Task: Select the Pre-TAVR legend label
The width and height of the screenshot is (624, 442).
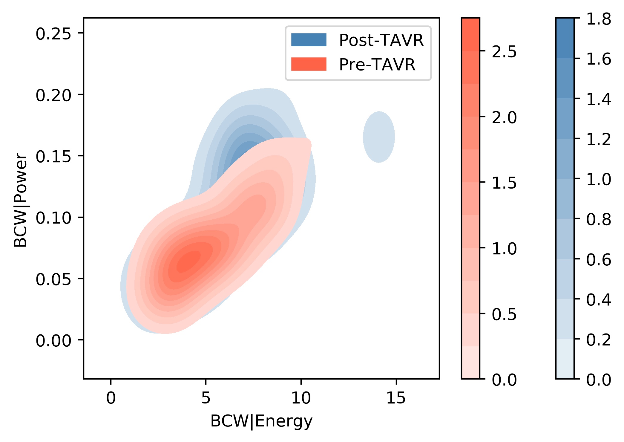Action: coord(377,65)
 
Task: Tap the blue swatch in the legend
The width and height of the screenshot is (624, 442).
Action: coord(309,40)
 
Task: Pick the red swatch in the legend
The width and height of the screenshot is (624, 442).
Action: coord(309,64)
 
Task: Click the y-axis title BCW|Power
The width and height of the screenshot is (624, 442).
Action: coord(21,200)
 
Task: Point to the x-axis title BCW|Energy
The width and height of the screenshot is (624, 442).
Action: coord(261,422)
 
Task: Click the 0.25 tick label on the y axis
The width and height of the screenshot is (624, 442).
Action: coord(53,34)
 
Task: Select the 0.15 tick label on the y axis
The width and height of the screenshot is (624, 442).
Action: coord(53,156)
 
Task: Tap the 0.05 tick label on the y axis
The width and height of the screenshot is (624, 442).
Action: coord(53,279)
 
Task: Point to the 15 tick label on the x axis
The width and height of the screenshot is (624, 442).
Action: coord(396,398)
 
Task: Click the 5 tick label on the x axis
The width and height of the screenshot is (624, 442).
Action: coord(206,398)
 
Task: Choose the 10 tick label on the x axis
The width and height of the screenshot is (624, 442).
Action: coord(301,398)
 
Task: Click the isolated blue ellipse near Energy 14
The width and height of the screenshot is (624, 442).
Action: coord(379,137)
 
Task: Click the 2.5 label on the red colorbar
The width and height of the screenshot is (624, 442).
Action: coord(504,52)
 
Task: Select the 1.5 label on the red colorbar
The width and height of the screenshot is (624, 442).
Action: coord(504,183)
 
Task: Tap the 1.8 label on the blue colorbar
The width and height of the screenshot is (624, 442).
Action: coord(599,19)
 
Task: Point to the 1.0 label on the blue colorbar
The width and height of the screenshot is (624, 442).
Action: coord(599,179)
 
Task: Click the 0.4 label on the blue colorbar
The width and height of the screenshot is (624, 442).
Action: coord(599,299)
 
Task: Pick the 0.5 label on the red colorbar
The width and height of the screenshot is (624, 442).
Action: coord(504,314)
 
